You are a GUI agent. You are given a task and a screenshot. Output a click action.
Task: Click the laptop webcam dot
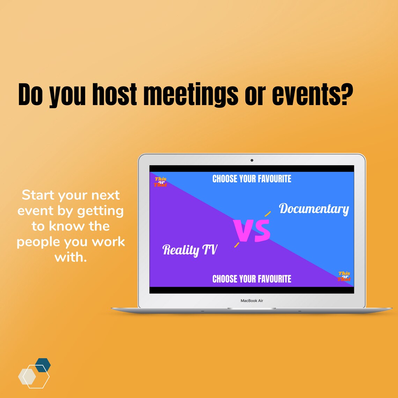(x=252, y=160)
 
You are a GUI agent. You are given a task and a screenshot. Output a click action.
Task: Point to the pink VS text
(x=252, y=231)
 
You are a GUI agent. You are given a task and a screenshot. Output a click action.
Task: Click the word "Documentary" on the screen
(x=314, y=209)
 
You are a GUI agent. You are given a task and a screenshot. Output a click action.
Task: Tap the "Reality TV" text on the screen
(x=190, y=250)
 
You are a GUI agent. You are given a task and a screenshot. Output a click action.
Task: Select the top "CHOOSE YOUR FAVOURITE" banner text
(x=252, y=179)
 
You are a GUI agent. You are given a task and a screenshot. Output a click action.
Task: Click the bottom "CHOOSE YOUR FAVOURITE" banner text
(x=252, y=279)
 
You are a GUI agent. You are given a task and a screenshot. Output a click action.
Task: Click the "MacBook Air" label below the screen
(x=252, y=301)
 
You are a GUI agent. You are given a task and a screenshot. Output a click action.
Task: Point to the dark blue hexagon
(x=43, y=365)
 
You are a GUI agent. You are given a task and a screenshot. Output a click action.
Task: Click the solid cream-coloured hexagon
(x=27, y=376)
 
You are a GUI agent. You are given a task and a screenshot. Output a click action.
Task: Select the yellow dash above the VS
(x=267, y=214)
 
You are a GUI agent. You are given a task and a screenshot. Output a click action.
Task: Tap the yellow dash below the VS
(x=237, y=245)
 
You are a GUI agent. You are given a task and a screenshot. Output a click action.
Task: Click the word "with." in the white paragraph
(x=71, y=258)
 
